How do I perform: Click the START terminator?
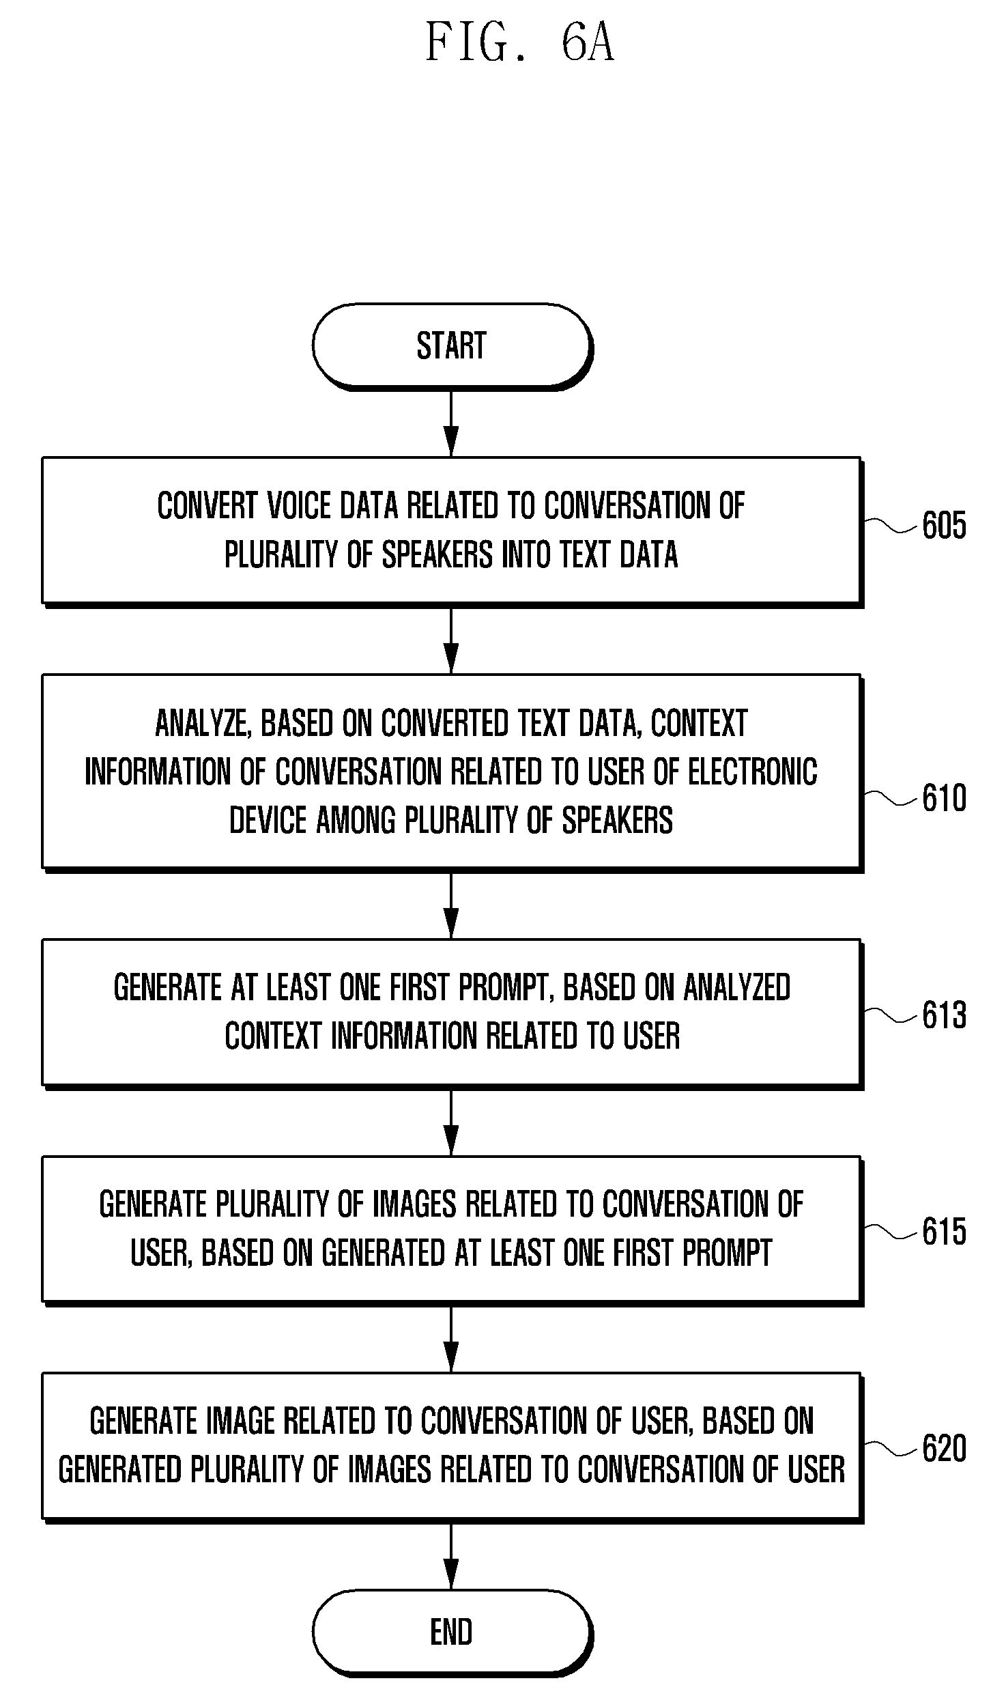tap(452, 346)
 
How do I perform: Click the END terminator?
tap(452, 1632)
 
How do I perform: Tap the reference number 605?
tap(945, 526)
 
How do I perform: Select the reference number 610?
tap(945, 798)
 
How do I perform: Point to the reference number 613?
tap(945, 1015)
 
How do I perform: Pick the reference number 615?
tap(945, 1232)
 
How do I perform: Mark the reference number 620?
tap(945, 1448)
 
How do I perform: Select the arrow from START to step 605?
tap(451, 423)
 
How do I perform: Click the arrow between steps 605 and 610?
tap(451, 640)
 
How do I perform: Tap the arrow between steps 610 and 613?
tap(451, 905)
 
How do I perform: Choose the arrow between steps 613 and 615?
tap(451, 1122)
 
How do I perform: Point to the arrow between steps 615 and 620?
tap(451, 1338)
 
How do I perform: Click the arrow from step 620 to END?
tap(451, 1555)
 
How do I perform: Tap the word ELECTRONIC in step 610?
tap(752, 772)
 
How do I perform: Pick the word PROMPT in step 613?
tap(505, 988)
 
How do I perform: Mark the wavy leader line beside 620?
tap(891, 1448)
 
